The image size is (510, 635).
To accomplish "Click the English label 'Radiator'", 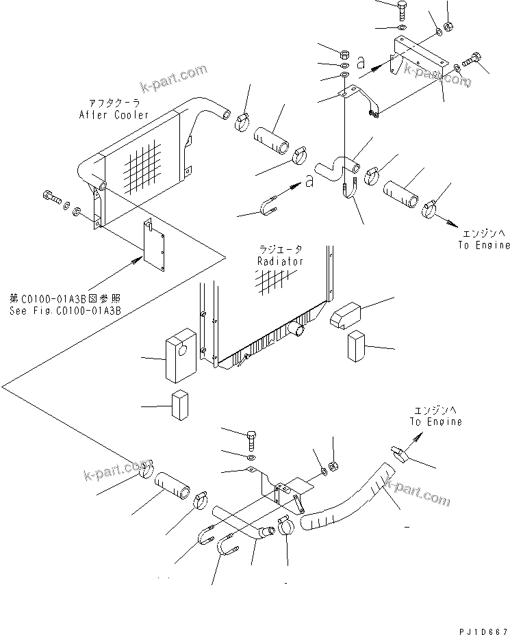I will tap(281, 261).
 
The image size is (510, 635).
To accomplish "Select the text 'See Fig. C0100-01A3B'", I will tap(64, 309).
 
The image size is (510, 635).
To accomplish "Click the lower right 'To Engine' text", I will tap(435, 422).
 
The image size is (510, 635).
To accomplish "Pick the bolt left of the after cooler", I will tap(51, 198).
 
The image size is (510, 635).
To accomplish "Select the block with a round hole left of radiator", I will tap(180, 356).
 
